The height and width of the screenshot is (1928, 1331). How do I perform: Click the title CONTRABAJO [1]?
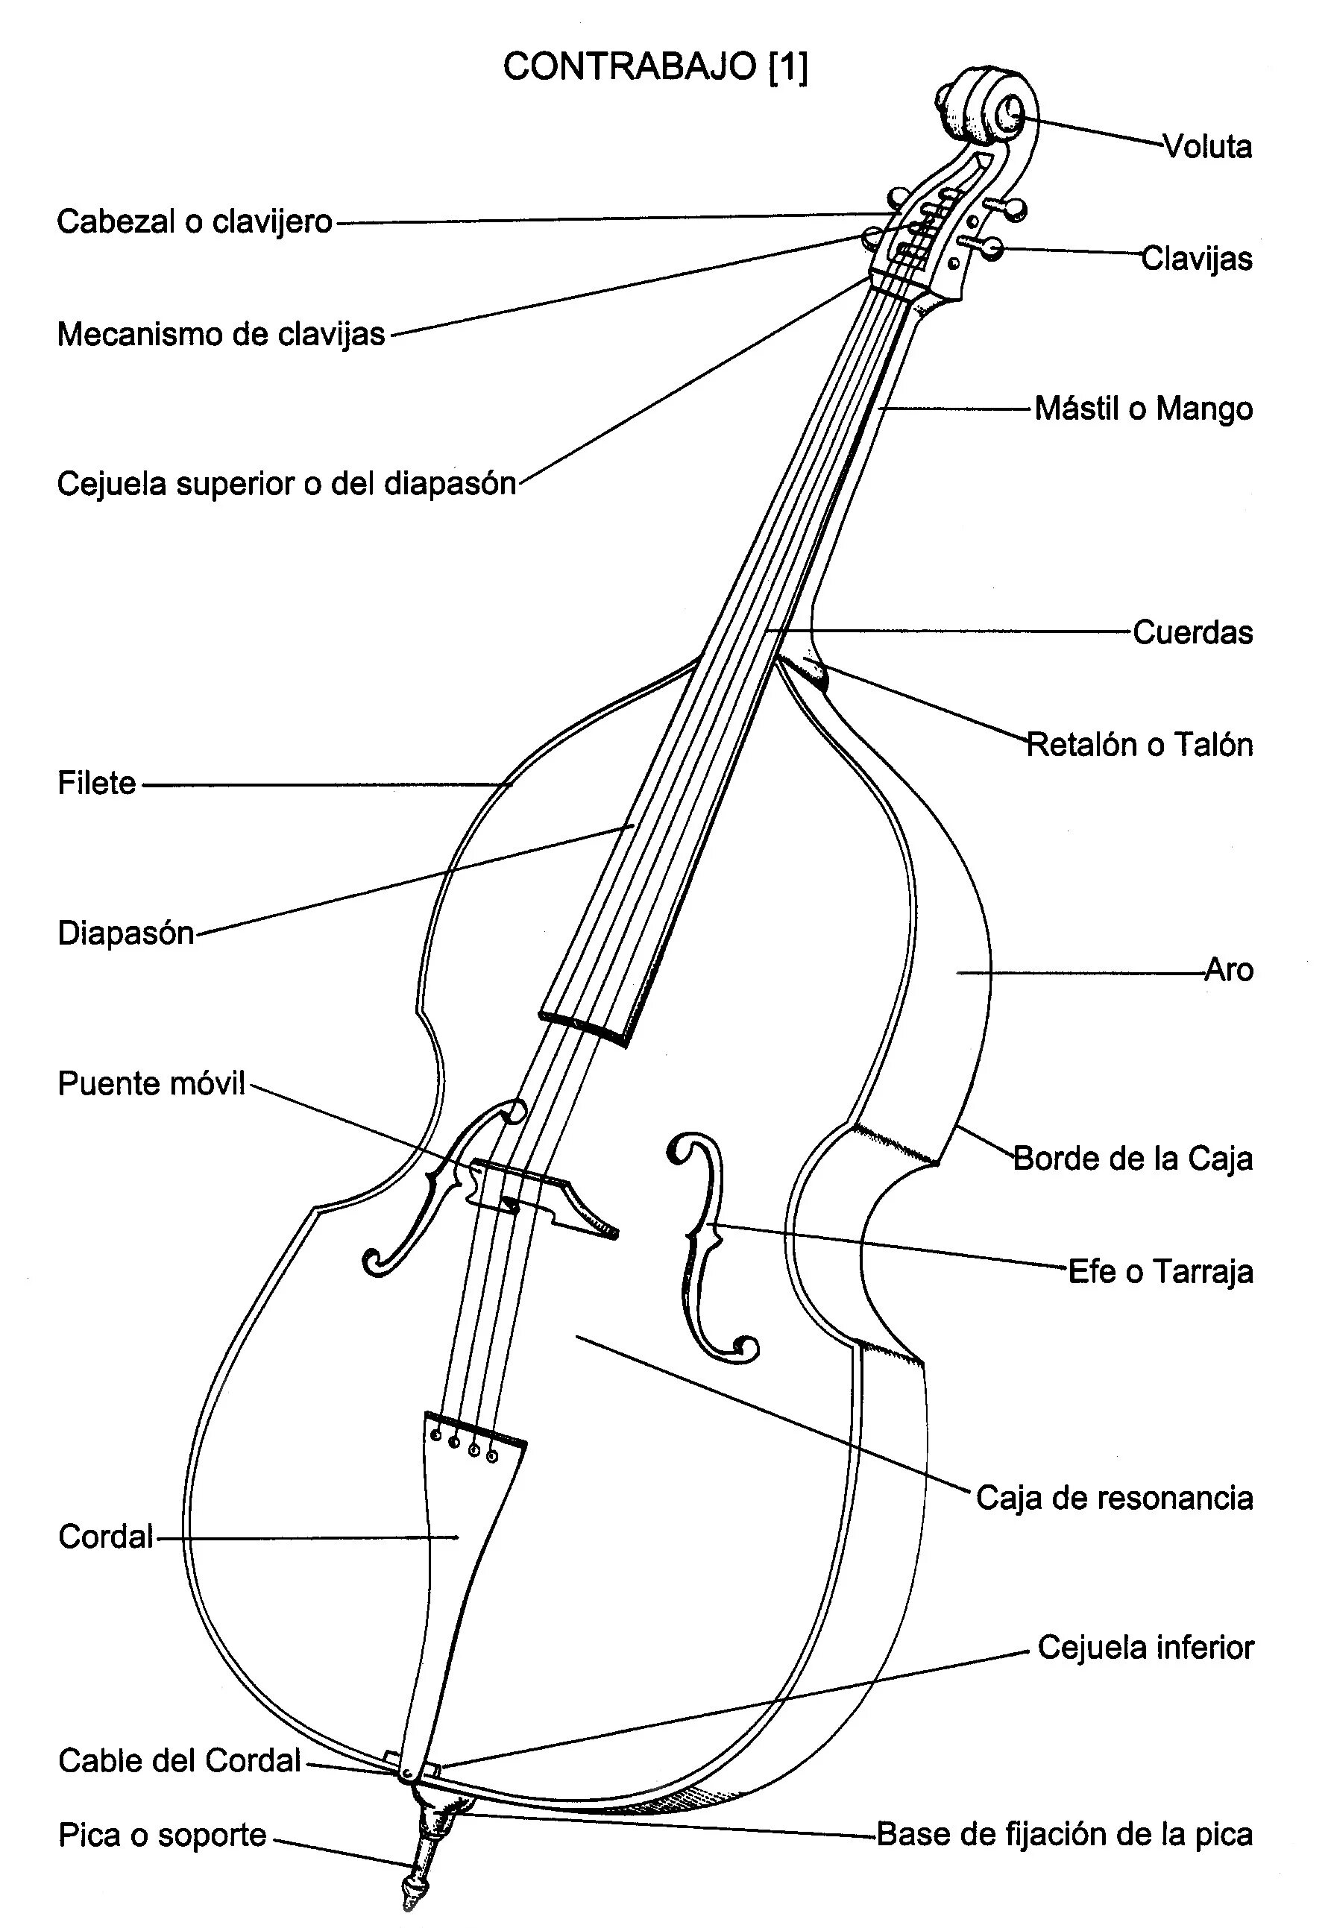[x=655, y=66]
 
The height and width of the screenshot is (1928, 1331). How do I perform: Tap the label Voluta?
[x=1207, y=147]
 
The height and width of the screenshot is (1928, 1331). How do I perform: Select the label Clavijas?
[x=1197, y=259]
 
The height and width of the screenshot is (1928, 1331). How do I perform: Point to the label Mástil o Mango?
[x=1143, y=409]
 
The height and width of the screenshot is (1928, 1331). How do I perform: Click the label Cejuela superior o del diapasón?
[x=286, y=484]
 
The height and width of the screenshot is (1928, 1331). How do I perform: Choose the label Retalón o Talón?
[x=1139, y=744]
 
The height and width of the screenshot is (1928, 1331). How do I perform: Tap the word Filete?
[x=97, y=783]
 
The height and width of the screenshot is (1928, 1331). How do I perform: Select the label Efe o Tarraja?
[x=1161, y=1272]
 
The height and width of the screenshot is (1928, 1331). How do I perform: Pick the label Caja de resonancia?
[x=1114, y=1498]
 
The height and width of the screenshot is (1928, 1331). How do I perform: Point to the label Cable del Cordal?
[x=179, y=1760]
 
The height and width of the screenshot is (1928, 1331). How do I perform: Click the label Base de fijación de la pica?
[x=1065, y=1835]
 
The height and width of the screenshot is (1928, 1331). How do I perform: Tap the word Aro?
[x=1230, y=970]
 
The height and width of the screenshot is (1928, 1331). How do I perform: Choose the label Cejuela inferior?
[x=1145, y=1647]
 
